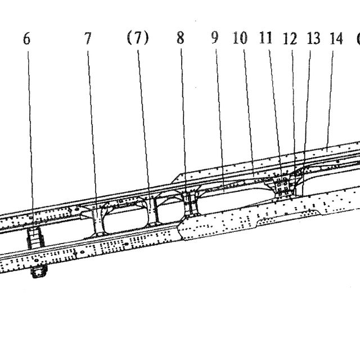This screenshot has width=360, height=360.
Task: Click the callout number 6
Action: coord(26,39)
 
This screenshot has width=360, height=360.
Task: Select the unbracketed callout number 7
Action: coord(88,38)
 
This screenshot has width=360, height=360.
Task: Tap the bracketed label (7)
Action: coord(138,38)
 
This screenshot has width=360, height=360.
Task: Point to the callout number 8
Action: coord(181,38)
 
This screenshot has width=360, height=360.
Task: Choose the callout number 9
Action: coord(215,38)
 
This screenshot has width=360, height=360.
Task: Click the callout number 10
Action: coord(240,38)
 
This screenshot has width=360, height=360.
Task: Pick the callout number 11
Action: coord(265,38)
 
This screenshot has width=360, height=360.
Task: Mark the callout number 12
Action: coord(290,39)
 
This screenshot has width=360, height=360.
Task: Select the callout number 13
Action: coord(314,38)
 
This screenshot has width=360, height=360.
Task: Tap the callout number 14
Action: coord(336,38)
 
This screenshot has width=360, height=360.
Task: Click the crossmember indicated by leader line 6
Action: coord(35,238)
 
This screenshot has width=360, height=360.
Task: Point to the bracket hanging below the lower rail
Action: coord(39,271)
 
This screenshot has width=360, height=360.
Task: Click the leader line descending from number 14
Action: coord(330,98)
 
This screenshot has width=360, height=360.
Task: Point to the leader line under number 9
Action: coord(220,120)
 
